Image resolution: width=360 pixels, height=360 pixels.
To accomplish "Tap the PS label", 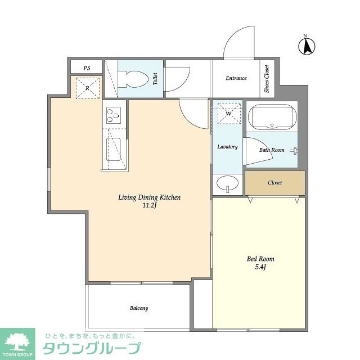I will tap(87, 68).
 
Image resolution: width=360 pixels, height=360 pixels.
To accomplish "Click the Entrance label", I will tap(236, 78).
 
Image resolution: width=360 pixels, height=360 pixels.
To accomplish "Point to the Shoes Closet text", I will tap(267, 78).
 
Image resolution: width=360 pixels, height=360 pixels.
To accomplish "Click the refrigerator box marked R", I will tap(88, 88).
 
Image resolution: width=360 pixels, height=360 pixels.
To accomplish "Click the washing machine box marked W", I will tap(228, 114).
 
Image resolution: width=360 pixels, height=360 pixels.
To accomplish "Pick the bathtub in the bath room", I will tap(273, 117).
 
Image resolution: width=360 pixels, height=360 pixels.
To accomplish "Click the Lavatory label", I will tap(228, 147).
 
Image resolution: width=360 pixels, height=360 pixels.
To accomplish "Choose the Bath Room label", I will tap(272, 150).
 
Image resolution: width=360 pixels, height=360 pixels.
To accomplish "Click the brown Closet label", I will tap(275, 183).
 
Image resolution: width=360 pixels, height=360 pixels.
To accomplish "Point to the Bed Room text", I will tap(260, 259).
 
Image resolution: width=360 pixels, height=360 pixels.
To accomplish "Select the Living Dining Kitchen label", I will tap(149, 197).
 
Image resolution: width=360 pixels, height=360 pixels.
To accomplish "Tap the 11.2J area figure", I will tap(149, 206).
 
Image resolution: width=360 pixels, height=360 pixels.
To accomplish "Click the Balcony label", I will tap(139, 308).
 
